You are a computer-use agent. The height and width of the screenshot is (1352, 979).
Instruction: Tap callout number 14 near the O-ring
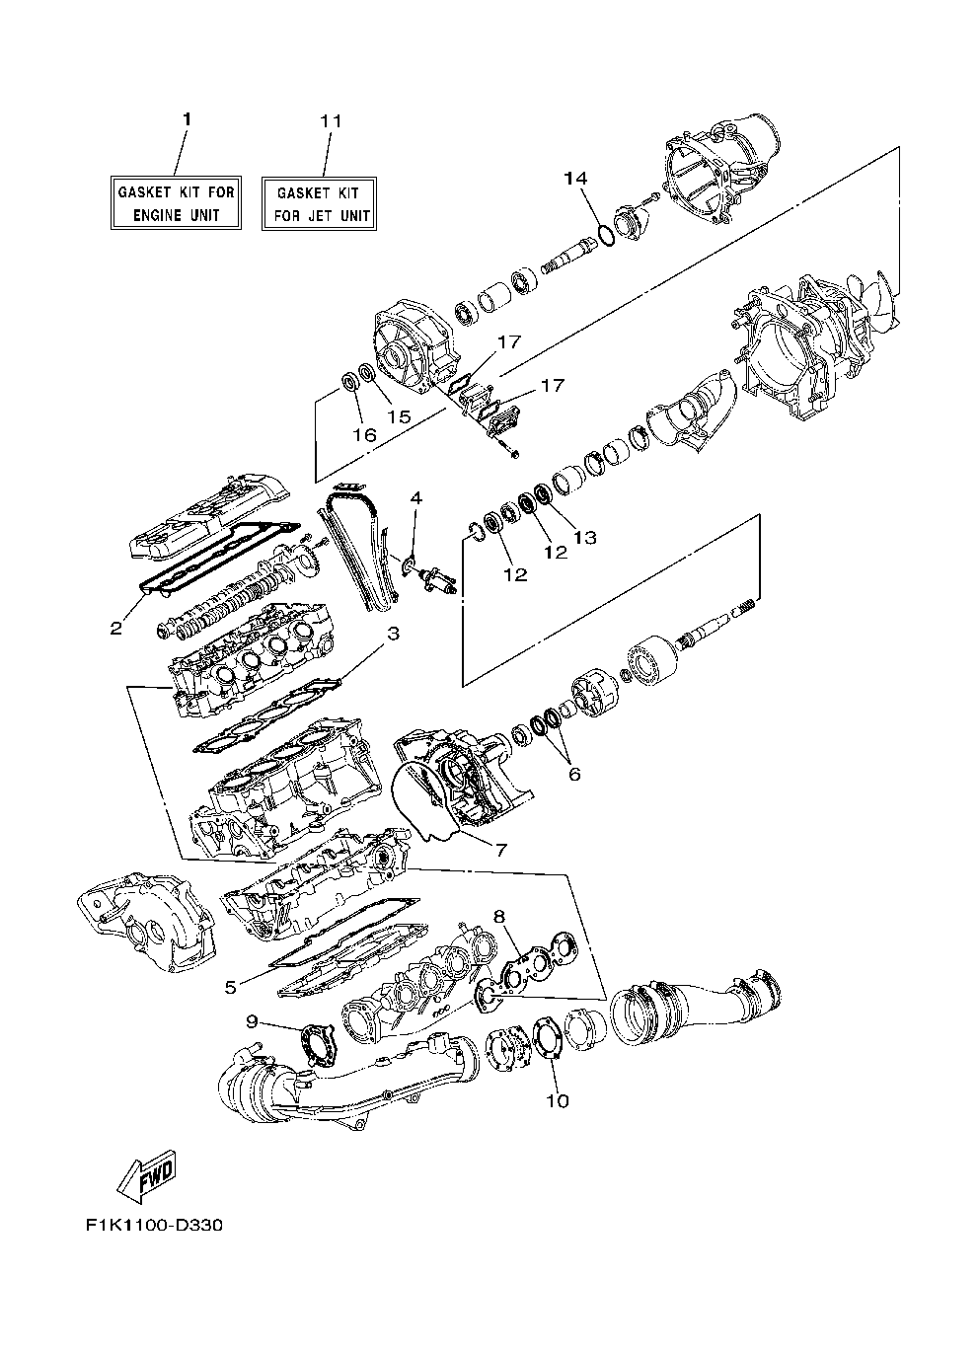click(x=575, y=178)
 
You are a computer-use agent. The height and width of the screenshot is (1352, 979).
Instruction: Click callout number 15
click(x=398, y=417)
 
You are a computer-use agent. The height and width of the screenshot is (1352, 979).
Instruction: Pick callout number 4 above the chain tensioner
click(x=416, y=498)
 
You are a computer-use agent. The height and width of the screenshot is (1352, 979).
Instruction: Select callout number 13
click(x=585, y=537)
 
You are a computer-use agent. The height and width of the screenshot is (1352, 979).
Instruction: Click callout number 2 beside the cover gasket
click(x=116, y=628)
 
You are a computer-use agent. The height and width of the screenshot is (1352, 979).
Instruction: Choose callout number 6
click(x=574, y=774)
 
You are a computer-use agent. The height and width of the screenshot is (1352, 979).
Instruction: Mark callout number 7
click(x=500, y=849)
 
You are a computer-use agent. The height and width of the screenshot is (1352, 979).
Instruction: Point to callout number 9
click(x=251, y=1021)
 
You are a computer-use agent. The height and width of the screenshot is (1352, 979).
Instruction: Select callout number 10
click(x=558, y=1100)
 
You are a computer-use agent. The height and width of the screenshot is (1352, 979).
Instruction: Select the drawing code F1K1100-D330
click(x=154, y=1228)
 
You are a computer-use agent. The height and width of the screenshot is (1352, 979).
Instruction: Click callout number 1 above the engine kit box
click(x=186, y=118)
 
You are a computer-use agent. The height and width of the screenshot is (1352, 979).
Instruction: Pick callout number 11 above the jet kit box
click(x=331, y=120)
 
